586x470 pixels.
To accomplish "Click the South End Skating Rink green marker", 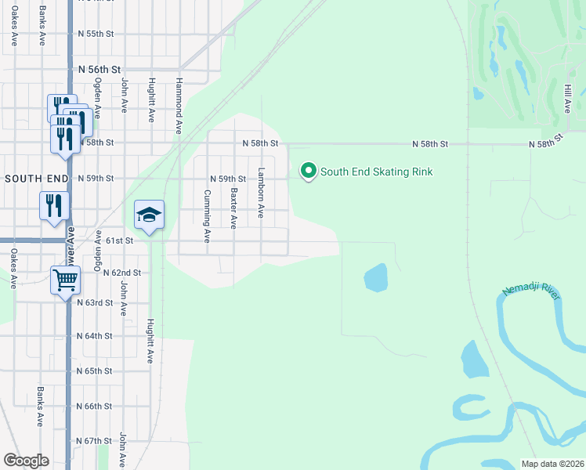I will coord(309,171).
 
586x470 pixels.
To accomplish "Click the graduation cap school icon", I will coord(149,215).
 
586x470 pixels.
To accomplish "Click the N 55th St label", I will coord(96,34).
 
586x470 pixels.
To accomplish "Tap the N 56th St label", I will coord(99,70).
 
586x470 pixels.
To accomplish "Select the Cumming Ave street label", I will coord(208,215).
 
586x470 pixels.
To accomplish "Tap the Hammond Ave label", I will coord(179,104).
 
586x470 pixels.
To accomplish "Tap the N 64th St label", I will coord(95,335).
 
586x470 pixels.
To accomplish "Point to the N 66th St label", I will coord(95,407).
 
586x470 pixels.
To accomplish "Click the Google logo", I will coord(26,461).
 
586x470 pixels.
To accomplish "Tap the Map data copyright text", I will coord(552,464).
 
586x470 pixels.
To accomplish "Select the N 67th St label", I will coord(95,441).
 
